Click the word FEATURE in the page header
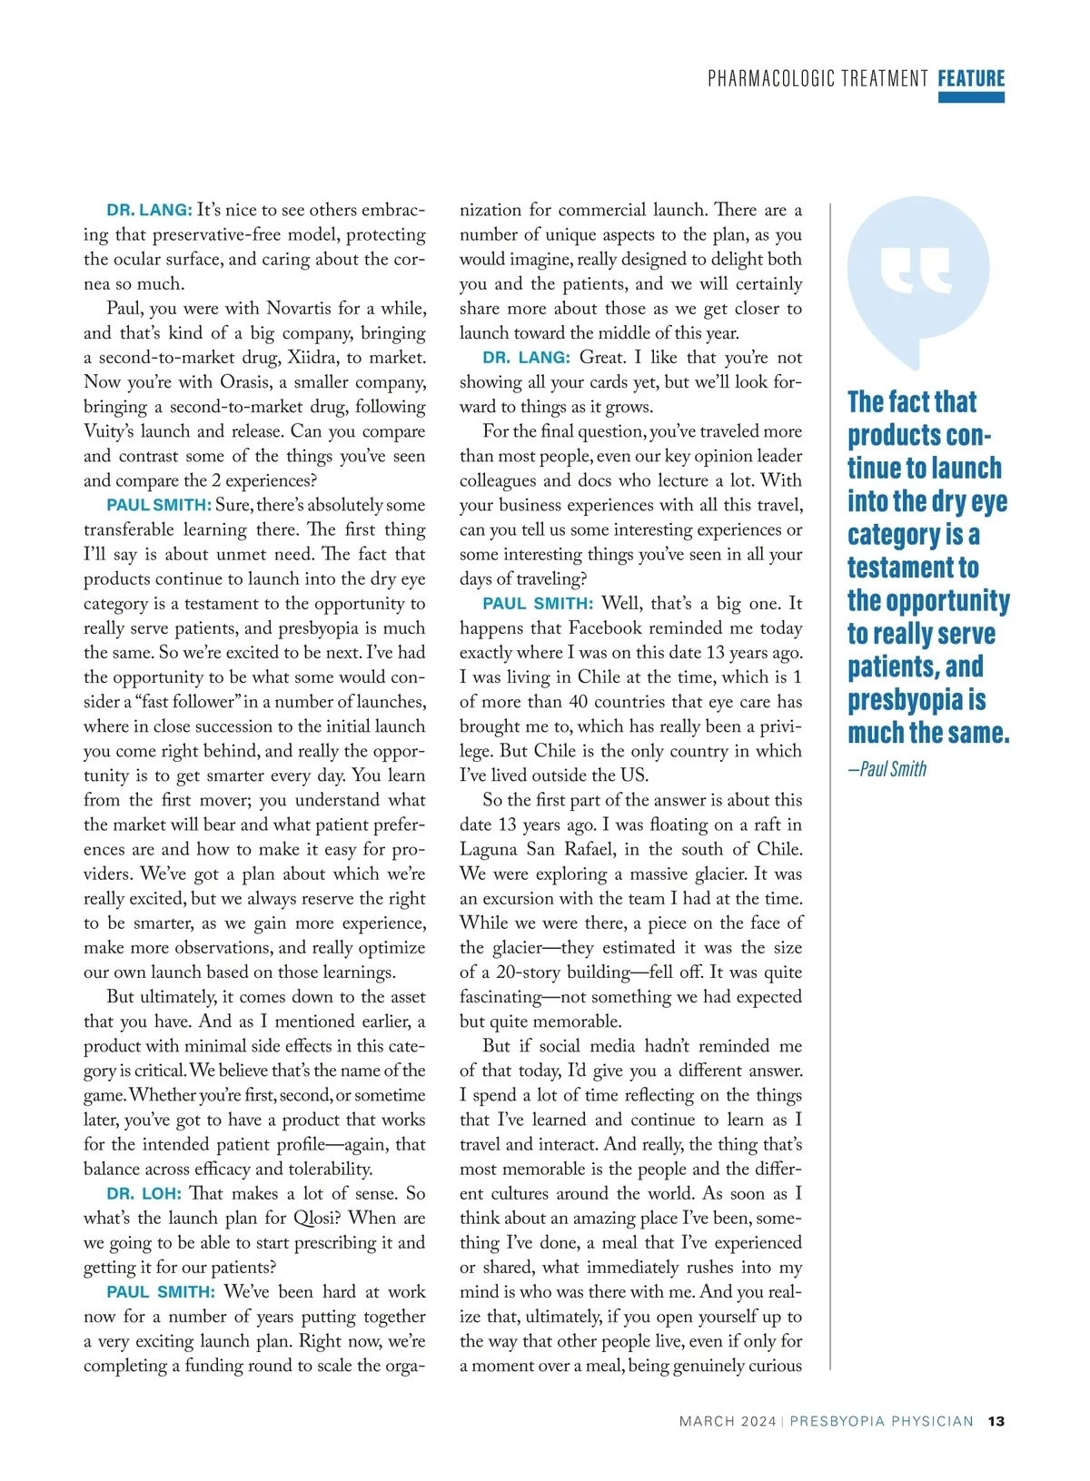[x=971, y=79]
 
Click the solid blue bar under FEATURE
[x=971, y=97]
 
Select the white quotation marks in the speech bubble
[x=916, y=270]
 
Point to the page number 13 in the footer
[x=996, y=1421]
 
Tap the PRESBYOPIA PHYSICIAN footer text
[x=881, y=1421]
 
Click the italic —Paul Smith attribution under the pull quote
[x=887, y=769]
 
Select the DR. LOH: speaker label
[x=144, y=1194]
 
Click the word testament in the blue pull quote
[x=913, y=568]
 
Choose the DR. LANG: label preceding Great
[x=527, y=358]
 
